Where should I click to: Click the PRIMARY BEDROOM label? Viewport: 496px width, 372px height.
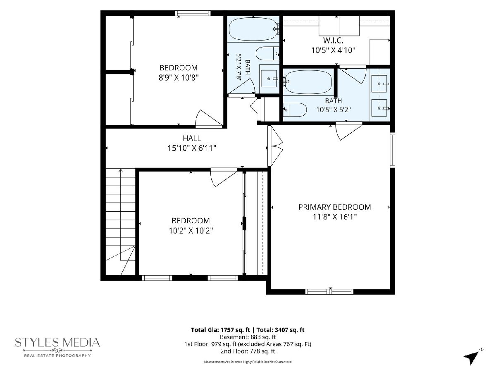coord(334,207)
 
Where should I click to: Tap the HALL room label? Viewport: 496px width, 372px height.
coord(192,138)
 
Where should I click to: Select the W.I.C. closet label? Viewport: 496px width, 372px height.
coord(333,41)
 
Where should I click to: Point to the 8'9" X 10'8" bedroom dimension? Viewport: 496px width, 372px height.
coord(179,78)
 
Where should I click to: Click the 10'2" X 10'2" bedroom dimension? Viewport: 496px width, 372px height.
coord(191,231)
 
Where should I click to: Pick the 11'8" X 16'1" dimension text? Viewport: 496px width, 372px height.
coord(335,217)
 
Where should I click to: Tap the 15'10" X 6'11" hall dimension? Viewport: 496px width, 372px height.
coord(192,148)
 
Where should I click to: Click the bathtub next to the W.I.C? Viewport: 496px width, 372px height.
coord(253,29)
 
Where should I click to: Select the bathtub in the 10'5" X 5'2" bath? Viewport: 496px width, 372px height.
coord(308,82)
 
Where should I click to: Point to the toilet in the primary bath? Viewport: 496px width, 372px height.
coord(295,110)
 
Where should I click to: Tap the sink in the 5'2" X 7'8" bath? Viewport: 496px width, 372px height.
coord(269,79)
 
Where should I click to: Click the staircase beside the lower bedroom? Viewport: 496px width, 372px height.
coord(120,222)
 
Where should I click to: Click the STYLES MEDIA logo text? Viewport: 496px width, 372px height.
coord(57,342)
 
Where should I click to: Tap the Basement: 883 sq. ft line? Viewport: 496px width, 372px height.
coord(248,337)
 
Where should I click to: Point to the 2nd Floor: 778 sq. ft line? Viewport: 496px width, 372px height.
coord(248,351)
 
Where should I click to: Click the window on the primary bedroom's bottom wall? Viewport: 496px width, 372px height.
coord(329,291)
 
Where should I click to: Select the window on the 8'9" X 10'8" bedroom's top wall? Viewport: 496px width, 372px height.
coord(193,13)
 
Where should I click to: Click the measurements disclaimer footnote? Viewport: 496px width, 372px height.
coord(248,362)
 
